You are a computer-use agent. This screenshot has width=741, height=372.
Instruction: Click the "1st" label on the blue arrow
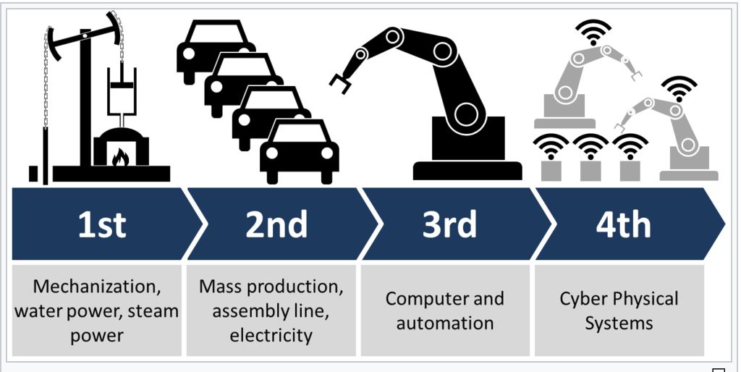pos(102,224)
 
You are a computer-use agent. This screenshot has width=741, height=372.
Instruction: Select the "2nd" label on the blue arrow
pos(276,224)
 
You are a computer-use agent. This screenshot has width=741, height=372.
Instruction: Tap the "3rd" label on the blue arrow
pos(449,224)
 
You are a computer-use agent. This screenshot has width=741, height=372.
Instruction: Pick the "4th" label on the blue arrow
pos(623,224)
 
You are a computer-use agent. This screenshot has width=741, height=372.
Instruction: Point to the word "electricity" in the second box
pos(271,335)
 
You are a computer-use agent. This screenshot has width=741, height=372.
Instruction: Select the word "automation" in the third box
pos(445,323)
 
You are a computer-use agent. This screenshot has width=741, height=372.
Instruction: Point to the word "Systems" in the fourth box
pos(619,323)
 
